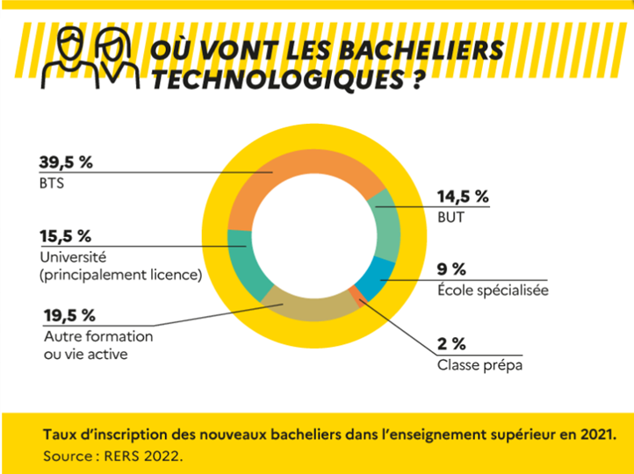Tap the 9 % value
pos(451,269)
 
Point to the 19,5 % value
pos(69,315)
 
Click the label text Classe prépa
pos(479,364)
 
